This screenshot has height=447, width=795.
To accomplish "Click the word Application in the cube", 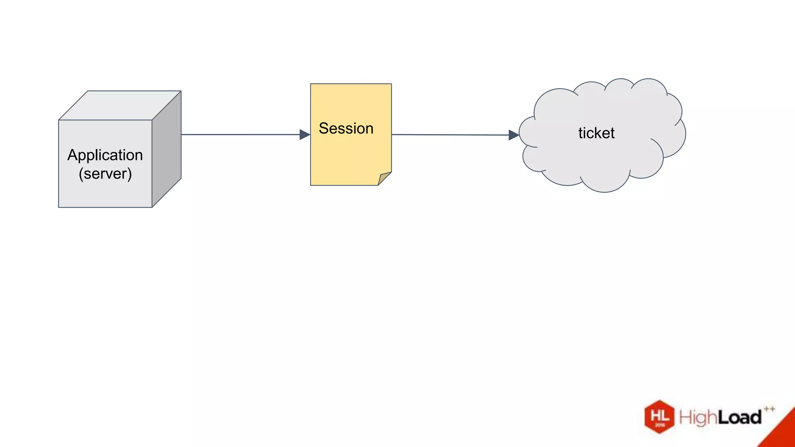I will [x=105, y=155].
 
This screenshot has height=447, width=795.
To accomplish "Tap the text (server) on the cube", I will [x=105, y=173].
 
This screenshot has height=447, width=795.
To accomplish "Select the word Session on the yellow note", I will [x=346, y=128].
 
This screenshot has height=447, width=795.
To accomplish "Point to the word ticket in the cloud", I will [x=596, y=133].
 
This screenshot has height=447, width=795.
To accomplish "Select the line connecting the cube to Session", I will [x=241, y=135].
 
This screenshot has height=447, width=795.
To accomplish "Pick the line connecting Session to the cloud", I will [x=450, y=135].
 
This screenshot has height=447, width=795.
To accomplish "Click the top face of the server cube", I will [x=120, y=105].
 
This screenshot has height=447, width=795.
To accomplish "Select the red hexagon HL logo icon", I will [x=660, y=417].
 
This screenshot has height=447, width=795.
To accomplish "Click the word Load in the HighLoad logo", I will [x=739, y=418].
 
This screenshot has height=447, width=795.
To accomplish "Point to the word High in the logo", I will [x=698, y=418].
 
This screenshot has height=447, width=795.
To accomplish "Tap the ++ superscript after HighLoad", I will [x=769, y=409].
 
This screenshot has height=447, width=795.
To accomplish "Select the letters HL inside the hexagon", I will [x=660, y=416].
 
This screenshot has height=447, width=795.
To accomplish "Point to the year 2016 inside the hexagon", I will [x=660, y=425].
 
